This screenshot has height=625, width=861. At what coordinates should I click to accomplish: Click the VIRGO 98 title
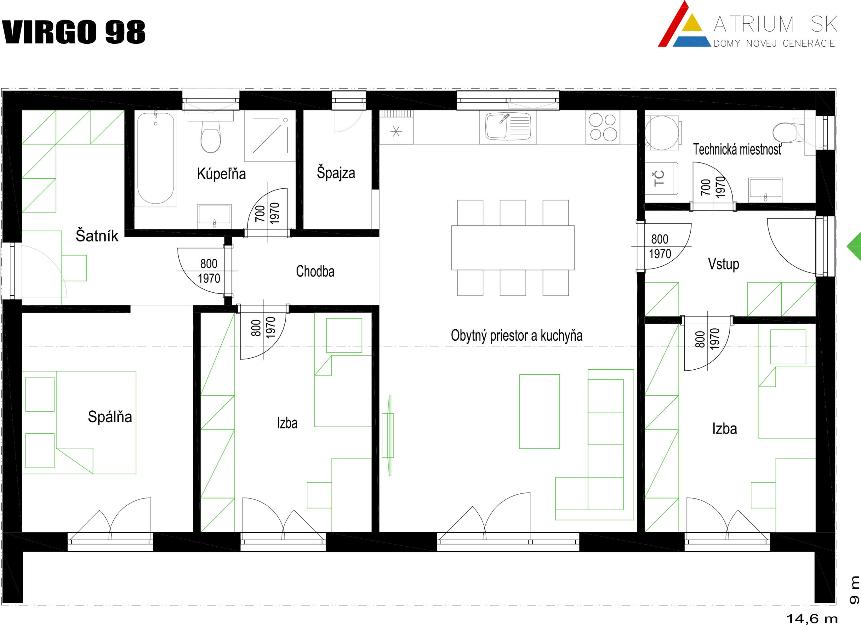[x=74, y=32]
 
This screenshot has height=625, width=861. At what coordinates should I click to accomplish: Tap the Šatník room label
[x=97, y=235]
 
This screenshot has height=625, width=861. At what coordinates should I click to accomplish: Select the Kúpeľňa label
[x=221, y=174]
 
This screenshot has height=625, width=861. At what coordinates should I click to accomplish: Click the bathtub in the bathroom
[x=156, y=159]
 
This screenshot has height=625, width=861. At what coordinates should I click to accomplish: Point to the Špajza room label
[x=336, y=173]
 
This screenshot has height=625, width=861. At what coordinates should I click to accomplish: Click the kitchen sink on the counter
[x=508, y=127]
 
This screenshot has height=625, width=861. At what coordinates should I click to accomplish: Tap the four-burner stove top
[x=603, y=127]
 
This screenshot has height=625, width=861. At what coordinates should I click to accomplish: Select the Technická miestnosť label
[x=737, y=149]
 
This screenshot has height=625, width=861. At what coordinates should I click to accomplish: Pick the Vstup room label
[x=723, y=264]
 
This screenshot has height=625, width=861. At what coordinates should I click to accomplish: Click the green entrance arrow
[x=854, y=247]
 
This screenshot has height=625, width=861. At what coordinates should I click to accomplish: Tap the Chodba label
[x=315, y=271]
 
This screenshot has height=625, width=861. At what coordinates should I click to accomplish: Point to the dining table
[x=513, y=248]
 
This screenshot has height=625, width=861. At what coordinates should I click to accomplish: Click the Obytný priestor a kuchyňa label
[x=517, y=336]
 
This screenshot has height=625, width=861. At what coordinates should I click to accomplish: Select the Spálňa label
[x=110, y=416]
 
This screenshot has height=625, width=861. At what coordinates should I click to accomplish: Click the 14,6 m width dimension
[x=812, y=619]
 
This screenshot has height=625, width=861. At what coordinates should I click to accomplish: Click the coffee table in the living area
[x=539, y=412]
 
